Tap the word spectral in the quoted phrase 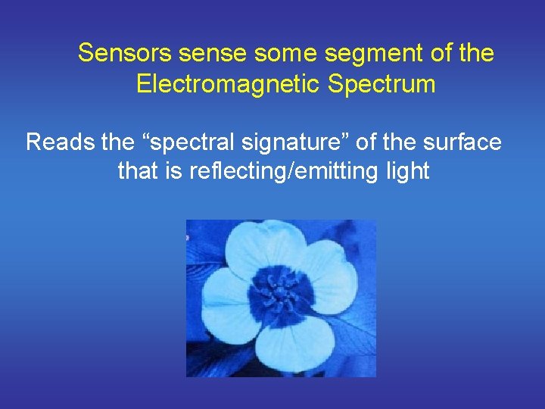click(185, 142)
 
